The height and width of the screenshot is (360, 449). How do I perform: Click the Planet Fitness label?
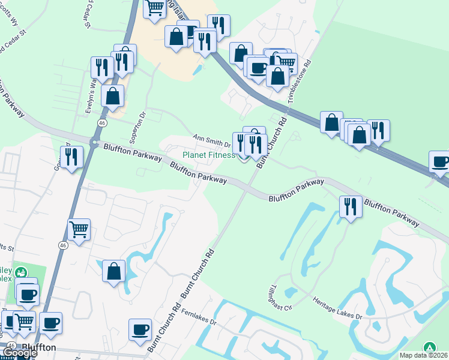tap(209, 155)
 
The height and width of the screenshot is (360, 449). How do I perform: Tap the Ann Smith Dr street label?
tap(212, 140)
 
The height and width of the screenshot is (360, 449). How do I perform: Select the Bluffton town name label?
tap(39, 347)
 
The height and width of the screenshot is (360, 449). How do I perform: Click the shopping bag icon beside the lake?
tap(113, 271)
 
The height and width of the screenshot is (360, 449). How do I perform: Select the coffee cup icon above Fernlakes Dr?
tap(140, 329)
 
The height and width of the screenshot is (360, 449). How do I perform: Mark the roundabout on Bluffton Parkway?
tap(94, 143)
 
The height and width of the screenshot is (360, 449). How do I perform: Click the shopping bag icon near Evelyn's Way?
tap(112, 95)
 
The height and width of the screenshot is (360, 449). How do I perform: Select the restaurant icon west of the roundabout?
tap(71, 157)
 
